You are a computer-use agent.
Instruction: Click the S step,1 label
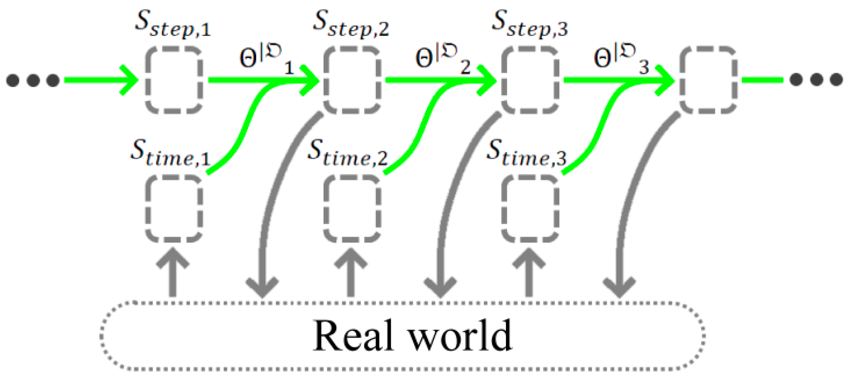tap(173, 25)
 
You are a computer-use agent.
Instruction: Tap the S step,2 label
tap(351, 25)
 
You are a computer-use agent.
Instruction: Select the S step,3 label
tap(529, 25)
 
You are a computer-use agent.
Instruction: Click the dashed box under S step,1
tap(173, 80)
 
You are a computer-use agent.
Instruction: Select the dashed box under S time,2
tap(352, 208)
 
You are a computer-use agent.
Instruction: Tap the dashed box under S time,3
tap(530, 208)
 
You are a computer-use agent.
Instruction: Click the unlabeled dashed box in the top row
tap(708, 80)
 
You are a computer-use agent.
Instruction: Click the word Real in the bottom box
tap(353, 336)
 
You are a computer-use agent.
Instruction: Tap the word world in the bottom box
tap(460, 336)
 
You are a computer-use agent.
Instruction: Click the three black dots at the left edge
tap(33, 80)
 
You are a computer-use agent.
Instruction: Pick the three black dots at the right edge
tap(817, 80)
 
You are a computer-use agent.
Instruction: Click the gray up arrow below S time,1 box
tap(173, 273)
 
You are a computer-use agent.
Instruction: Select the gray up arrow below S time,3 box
tap(529, 273)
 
